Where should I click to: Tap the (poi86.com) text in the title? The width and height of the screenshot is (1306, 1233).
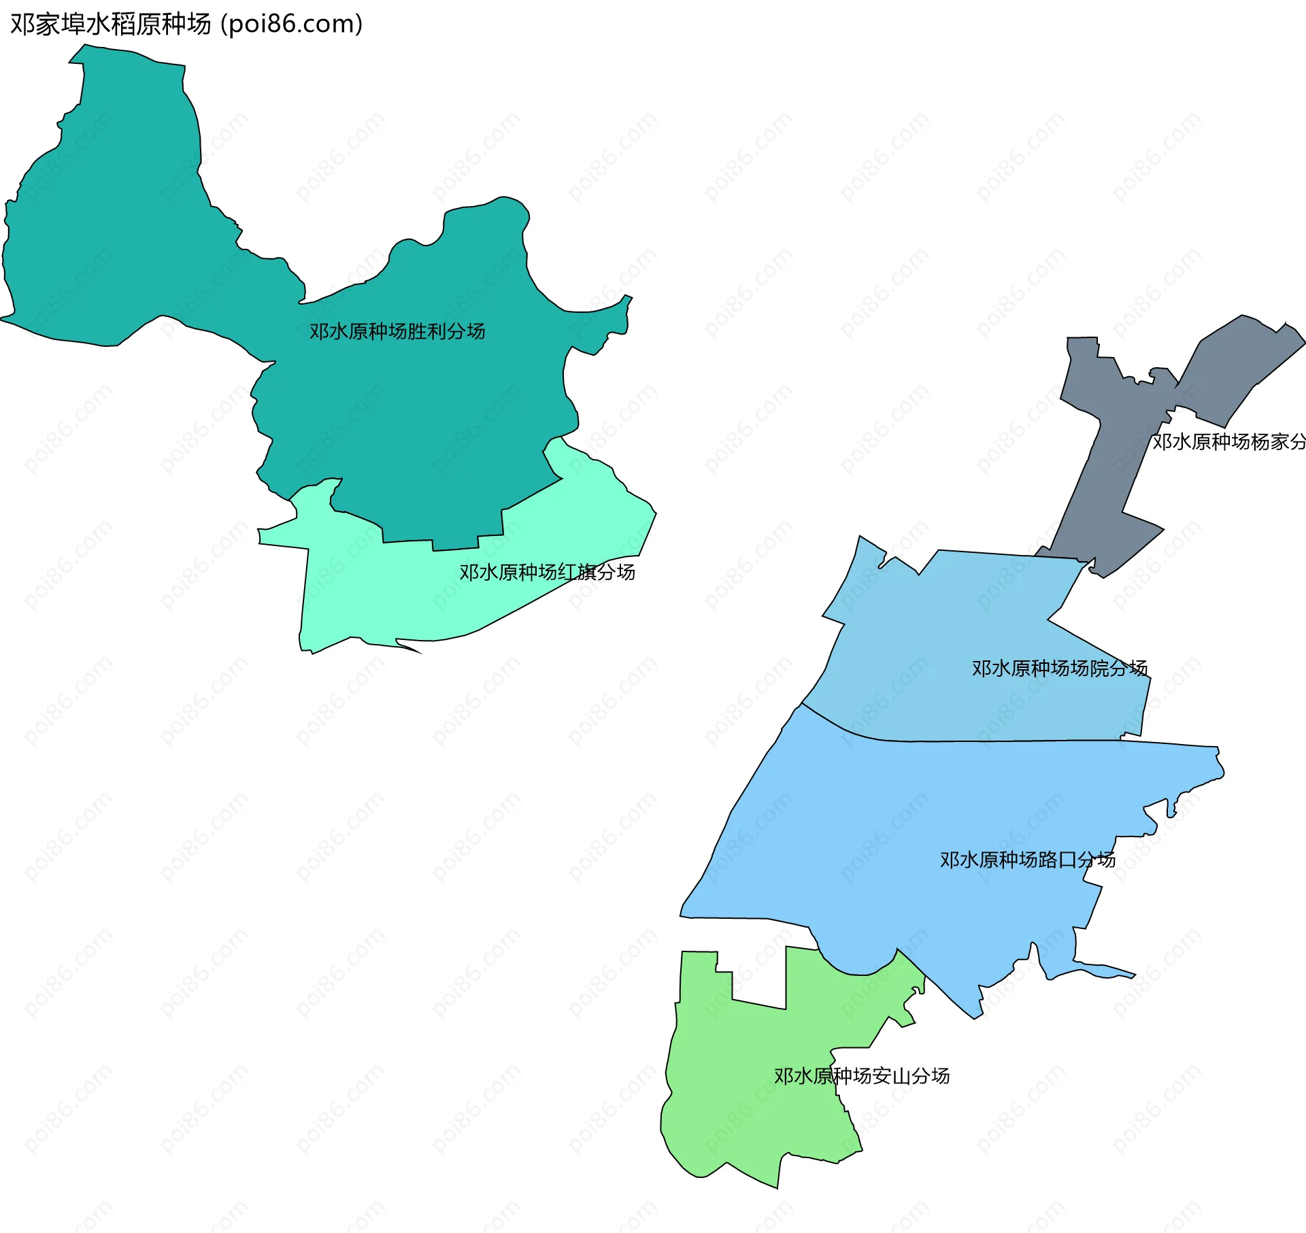(291, 24)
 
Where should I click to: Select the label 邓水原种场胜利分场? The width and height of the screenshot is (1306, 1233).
(397, 331)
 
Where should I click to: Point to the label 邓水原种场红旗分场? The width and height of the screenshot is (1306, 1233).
(547, 572)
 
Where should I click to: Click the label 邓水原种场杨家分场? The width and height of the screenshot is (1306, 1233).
(1228, 442)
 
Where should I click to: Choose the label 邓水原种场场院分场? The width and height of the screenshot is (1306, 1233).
(1059, 669)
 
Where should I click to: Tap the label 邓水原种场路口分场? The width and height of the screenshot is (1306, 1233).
(1027, 860)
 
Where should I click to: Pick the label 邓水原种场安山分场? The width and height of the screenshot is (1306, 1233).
(861, 1076)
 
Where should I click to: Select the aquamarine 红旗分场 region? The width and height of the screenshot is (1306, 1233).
(381, 598)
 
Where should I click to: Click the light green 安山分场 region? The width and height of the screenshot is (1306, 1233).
(748, 1088)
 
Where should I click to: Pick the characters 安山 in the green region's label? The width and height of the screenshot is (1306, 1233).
(891, 1076)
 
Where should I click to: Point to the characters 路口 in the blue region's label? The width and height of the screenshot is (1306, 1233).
(1057, 860)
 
